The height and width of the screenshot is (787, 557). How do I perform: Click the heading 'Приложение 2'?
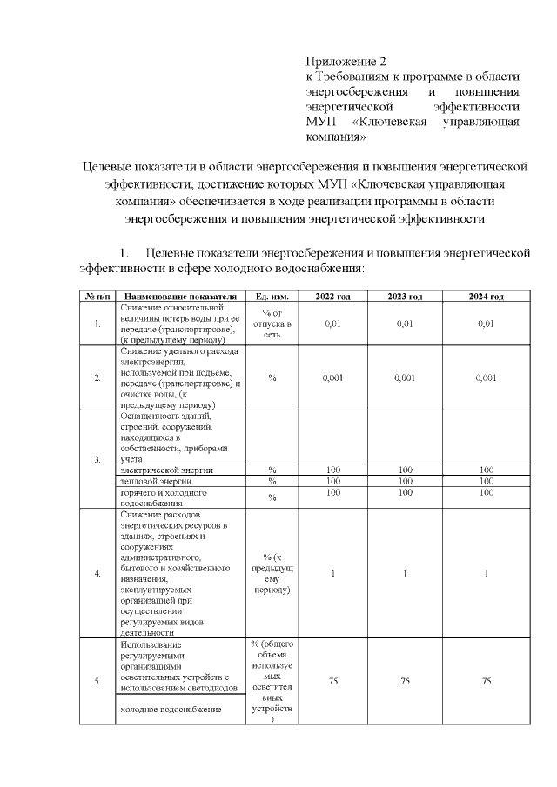(x=345, y=62)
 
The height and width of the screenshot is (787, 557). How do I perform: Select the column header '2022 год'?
(x=333, y=297)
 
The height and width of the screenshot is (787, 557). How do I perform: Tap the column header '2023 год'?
(x=405, y=297)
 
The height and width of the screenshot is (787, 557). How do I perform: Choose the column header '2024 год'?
(x=486, y=297)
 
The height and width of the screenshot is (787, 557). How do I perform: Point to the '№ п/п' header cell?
(x=97, y=297)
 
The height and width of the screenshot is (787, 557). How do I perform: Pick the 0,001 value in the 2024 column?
(x=486, y=378)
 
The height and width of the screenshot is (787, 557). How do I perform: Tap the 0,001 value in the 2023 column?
(x=405, y=378)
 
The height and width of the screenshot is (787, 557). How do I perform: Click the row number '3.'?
(x=97, y=459)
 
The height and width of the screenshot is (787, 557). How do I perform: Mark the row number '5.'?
(x=97, y=682)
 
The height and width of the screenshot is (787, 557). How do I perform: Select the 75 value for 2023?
(x=405, y=682)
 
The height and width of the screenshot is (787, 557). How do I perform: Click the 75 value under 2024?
(x=486, y=682)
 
